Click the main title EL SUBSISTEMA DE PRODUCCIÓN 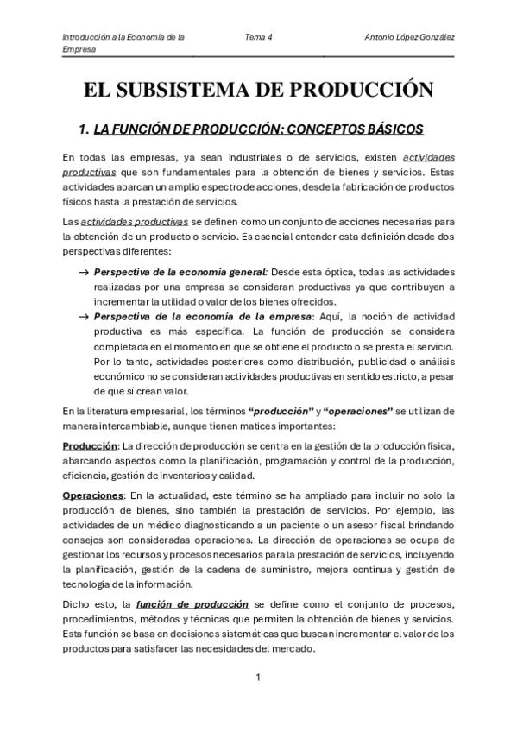click(x=257, y=89)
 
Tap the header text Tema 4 click(x=259, y=37)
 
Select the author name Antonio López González click(x=411, y=37)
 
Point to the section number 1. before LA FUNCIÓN click(x=84, y=129)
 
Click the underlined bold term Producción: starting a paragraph click(x=91, y=445)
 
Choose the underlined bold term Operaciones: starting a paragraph click(x=93, y=495)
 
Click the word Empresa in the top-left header click(x=79, y=50)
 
